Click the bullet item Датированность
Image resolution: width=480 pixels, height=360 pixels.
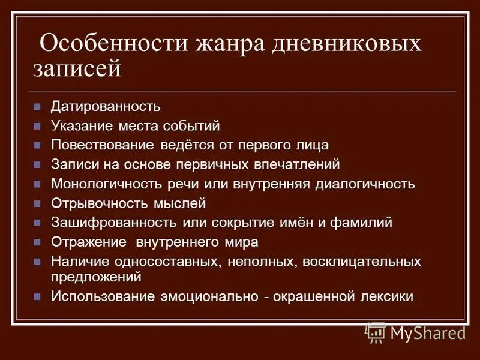[105, 107]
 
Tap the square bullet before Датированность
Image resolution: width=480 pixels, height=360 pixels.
[37, 107]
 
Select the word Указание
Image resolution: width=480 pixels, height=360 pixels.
[81, 126]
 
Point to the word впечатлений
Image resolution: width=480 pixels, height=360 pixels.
[293, 164]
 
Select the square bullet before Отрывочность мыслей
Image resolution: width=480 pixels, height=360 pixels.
[37, 203]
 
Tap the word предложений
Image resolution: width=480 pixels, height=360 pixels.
[96, 277]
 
